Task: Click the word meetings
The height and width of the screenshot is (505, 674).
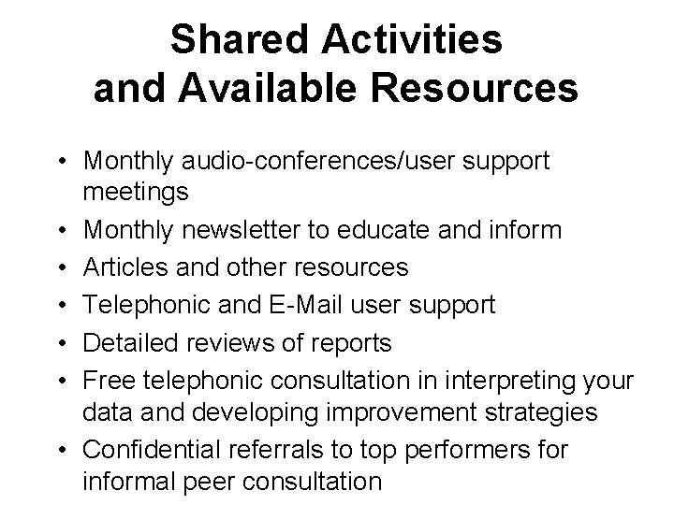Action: tap(136, 193)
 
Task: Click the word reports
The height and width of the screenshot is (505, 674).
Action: tap(350, 343)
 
